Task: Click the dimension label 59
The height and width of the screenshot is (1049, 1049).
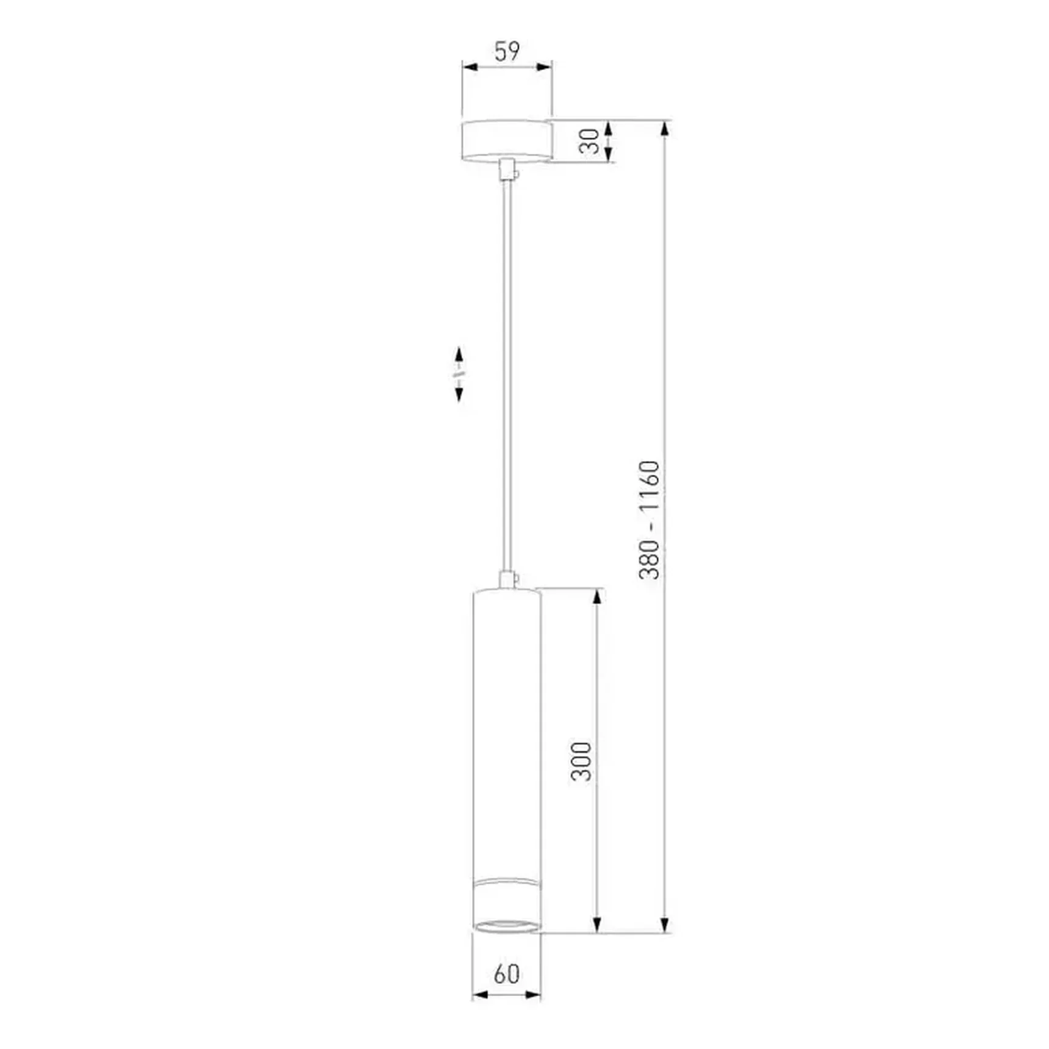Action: coord(507,51)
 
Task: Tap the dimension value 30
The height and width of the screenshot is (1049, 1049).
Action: coord(589,141)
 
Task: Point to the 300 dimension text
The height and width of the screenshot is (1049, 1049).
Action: coord(581,761)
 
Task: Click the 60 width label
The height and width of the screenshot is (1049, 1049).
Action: coord(507,974)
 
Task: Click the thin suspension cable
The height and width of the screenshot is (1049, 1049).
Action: coord(506,376)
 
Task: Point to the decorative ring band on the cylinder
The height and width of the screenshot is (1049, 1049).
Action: coord(507,882)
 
